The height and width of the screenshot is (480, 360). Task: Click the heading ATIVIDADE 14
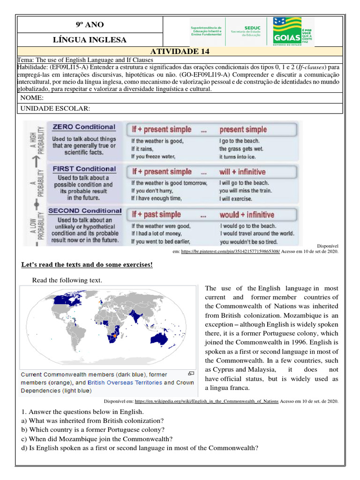(180, 52)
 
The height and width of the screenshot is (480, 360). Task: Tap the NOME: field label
(32, 98)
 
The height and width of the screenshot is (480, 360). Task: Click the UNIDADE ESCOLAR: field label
(54, 109)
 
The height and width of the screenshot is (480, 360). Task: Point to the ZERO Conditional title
(83, 127)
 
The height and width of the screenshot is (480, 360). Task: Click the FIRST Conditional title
(84, 169)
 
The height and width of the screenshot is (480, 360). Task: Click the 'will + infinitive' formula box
(242, 172)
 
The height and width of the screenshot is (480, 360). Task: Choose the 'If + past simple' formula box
(156, 215)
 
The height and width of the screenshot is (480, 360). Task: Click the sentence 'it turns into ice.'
(239, 157)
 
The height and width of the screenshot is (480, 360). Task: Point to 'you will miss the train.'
(245, 191)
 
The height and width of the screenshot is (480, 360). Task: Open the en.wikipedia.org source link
(206, 401)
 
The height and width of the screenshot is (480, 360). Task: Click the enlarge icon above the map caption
(191, 374)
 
